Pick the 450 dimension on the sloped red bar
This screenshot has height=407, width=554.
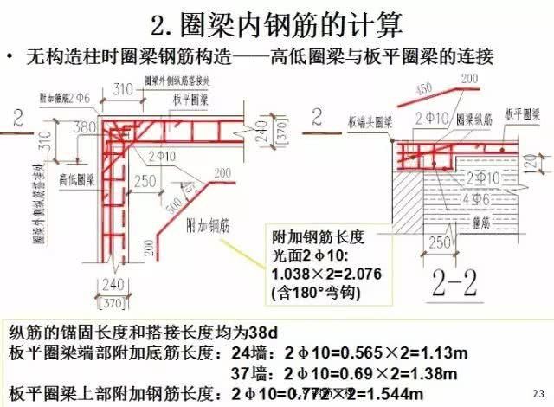399,88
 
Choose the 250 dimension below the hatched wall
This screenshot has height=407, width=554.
439,241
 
